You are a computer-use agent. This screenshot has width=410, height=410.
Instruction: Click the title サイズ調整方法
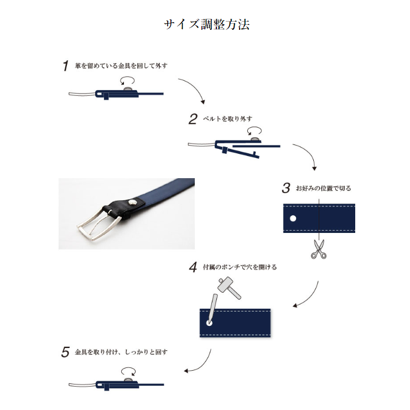[206, 25]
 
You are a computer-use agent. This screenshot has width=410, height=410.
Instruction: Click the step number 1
[66, 66]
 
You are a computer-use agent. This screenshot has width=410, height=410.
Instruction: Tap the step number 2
[193, 119]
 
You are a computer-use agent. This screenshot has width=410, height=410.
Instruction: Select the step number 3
[286, 188]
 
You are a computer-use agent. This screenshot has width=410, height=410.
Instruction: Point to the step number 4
[193, 268]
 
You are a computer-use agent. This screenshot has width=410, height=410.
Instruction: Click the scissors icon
[318, 249]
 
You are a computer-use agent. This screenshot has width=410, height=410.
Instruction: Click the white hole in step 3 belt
[293, 218]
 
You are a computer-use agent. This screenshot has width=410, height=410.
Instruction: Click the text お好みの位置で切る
[323, 189]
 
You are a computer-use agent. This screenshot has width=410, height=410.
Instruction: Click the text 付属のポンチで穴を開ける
[238, 267]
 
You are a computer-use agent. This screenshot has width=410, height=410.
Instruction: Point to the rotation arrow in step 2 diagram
[255, 131]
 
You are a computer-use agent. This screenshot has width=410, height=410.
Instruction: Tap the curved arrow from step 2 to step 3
[307, 155]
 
